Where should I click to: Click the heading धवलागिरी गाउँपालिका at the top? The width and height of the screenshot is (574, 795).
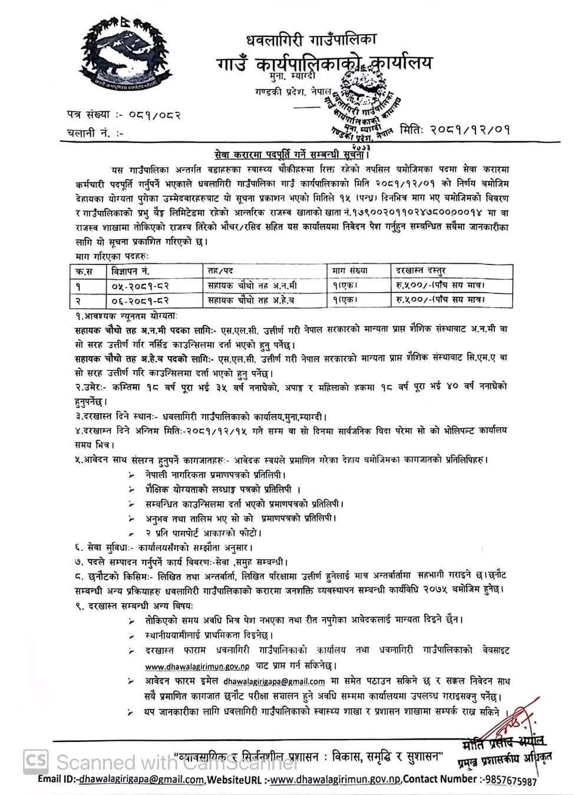(311, 40)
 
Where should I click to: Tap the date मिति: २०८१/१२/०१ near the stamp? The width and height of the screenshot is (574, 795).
(454, 128)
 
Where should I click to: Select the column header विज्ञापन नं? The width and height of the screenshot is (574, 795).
(130, 270)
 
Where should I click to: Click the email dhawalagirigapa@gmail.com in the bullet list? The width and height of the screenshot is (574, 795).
(274, 681)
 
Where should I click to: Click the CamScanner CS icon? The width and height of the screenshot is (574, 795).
(36, 760)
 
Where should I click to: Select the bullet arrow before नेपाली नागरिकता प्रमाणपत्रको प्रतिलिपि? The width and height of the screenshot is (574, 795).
(131, 474)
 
